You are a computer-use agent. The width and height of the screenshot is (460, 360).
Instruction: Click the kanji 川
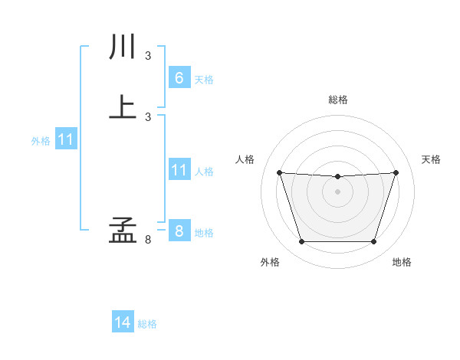pos(123,48)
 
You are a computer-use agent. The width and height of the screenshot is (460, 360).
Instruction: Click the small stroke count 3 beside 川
pos(148,56)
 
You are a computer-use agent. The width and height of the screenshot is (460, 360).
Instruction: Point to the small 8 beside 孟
pos(148,240)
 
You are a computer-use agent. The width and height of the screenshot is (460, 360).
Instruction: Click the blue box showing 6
pos(179,77)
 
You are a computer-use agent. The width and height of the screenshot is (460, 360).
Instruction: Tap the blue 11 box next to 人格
pos(179,170)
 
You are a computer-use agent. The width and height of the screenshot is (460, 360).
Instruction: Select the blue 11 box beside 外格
pos(66,140)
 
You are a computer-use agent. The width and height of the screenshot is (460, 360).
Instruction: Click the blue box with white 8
pos(179,231)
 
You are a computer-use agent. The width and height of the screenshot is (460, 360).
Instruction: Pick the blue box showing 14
pos(123,322)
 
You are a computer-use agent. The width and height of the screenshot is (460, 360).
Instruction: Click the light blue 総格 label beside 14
pos(147,324)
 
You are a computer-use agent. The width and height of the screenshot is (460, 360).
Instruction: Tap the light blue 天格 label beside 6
pos(204,80)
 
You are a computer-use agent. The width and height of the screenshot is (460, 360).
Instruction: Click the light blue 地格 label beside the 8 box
pos(204,233)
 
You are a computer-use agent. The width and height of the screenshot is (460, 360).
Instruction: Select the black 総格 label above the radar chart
pos(337,100)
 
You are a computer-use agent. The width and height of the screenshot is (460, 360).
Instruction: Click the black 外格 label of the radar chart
pos(270,262)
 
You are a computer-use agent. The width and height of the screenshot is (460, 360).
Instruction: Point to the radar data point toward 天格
pos(396,172)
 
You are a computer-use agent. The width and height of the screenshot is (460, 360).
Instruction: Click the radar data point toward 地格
pos(373,242)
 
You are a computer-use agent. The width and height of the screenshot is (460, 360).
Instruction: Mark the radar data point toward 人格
pos(279,172)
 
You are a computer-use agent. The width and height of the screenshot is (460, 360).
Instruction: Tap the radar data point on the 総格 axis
pos(337,177)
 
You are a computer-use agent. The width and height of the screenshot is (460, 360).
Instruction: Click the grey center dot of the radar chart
pos(337,191)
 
